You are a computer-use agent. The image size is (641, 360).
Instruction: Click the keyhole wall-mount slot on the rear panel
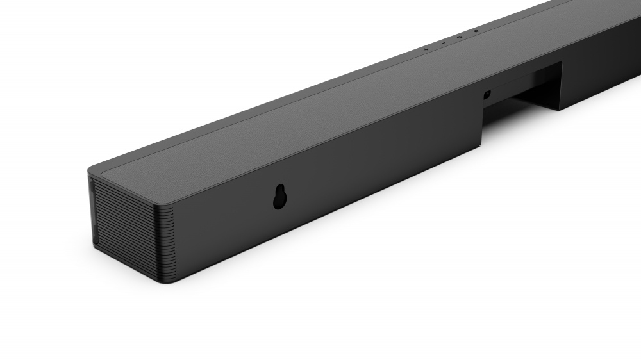point(279,197)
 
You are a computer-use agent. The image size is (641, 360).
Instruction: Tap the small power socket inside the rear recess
point(487,95)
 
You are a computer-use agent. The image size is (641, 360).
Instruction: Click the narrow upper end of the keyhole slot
point(279,190)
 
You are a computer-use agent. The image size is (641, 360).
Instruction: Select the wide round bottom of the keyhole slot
point(279,202)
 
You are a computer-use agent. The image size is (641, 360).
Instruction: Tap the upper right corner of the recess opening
point(562,63)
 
